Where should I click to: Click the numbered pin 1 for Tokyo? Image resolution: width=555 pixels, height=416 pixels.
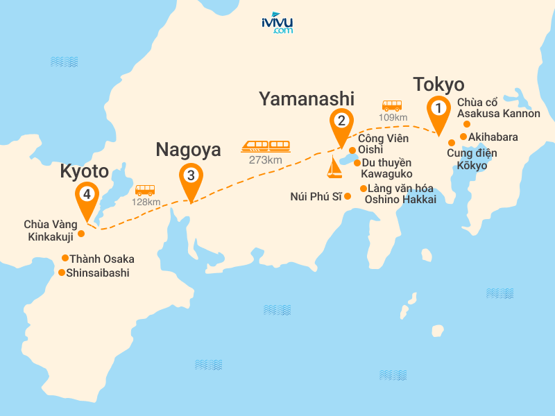438,110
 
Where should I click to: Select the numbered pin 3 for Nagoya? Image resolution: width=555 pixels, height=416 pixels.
191,176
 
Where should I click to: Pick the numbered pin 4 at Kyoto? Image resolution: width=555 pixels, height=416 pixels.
87,195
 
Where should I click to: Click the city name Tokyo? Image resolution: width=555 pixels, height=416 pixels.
438,85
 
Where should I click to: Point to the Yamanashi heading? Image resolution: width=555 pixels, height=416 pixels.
307,98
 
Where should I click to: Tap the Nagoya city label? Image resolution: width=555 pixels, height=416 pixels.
188,149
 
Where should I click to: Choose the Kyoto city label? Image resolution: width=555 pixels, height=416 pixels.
85,171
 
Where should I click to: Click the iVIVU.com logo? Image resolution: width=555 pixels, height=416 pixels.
277,23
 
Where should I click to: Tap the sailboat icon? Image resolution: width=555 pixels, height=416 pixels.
335,167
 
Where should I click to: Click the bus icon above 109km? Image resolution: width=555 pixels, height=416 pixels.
392,105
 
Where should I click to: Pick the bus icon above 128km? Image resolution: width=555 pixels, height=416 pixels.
145,189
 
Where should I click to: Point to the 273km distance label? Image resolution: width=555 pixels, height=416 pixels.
265,160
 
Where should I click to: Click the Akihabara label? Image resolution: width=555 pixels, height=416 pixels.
493,137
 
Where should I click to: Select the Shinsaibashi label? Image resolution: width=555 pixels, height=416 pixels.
99,272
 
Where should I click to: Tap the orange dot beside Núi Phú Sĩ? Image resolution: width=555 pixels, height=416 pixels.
348,196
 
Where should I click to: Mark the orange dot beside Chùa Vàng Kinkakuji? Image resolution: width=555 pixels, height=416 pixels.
81,233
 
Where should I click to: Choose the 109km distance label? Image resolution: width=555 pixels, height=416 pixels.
393,117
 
